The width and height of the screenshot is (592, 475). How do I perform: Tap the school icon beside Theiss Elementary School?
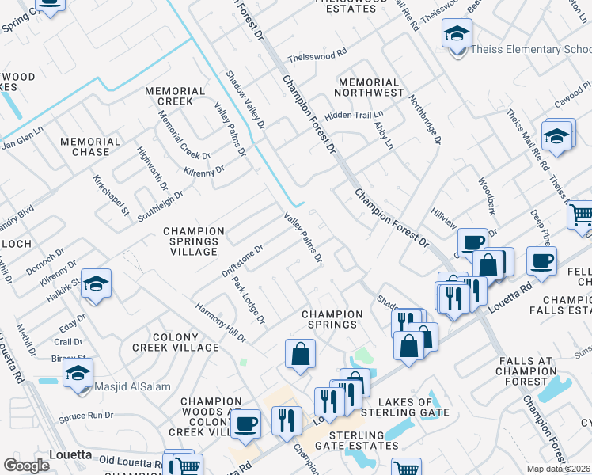click(457, 34)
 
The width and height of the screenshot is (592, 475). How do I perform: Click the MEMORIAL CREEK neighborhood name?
click(169, 97)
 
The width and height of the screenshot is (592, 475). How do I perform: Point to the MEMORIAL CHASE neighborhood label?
click(90, 146)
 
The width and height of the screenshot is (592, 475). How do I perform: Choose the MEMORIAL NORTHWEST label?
click(369, 88)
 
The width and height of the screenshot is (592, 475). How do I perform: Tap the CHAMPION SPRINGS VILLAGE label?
click(191, 241)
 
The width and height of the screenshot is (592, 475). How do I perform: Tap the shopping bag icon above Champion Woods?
click(300, 355)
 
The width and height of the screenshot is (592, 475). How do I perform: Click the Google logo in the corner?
click(26, 465)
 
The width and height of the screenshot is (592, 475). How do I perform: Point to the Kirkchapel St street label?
click(110, 196)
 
